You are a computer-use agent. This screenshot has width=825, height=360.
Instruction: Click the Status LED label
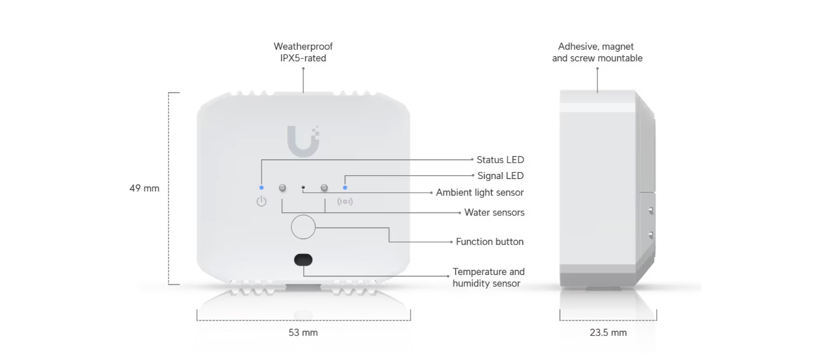point(500,160)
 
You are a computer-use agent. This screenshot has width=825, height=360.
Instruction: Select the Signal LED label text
point(501,176)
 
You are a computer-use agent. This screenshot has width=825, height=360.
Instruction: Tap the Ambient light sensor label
point(480,192)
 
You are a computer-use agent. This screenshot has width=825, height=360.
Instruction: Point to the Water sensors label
point(494,212)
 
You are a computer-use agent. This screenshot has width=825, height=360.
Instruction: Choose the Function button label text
point(489,242)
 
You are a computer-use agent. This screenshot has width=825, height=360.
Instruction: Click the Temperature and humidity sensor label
point(489,278)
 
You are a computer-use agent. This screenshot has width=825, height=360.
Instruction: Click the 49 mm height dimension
point(145,189)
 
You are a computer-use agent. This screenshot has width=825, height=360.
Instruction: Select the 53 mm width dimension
point(303,333)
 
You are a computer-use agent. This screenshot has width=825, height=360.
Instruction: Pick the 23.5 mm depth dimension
point(608,333)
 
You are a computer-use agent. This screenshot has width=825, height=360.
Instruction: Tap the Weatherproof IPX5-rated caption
point(303,52)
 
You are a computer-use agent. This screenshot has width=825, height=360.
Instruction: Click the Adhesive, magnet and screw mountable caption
point(597,52)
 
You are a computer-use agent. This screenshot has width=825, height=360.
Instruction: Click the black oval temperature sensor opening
point(303,260)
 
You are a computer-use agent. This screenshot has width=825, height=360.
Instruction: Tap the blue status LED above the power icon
point(262,188)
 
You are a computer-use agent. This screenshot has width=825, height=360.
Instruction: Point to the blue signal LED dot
point(345,188)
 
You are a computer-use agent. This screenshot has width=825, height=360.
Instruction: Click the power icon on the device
point(262,201)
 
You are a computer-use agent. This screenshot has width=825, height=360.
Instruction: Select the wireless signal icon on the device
point(345,201)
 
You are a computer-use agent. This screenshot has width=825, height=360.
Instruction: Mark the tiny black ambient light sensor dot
point(303,188)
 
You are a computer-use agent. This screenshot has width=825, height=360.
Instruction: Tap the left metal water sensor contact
point(283,188)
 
